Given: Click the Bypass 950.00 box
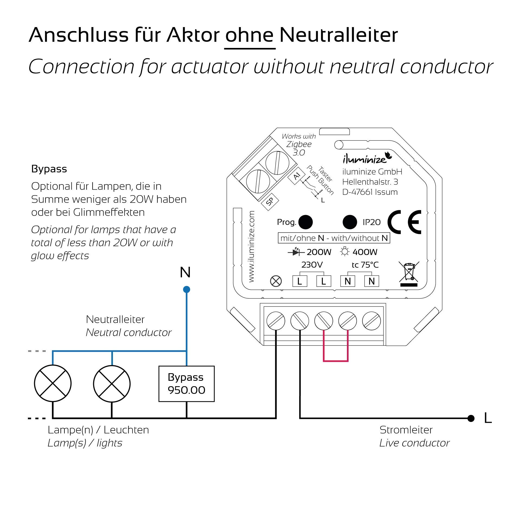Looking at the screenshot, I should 186,383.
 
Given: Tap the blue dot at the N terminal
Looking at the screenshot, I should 186,290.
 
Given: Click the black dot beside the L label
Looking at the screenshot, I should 471,418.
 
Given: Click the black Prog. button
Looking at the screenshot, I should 305,222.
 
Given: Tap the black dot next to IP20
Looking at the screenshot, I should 350,222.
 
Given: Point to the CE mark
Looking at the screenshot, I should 404,222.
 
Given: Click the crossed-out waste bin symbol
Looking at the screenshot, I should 409,273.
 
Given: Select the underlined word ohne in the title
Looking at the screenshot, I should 249,35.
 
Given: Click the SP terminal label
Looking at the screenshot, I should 269,201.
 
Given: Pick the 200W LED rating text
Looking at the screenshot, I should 319,252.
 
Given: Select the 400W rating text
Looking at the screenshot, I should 365,252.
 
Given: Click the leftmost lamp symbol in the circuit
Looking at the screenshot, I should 53,383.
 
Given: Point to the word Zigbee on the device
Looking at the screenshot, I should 299,144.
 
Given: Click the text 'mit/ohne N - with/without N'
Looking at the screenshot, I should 334,238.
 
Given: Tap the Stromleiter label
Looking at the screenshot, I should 406,430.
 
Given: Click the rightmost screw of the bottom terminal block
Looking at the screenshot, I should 371,321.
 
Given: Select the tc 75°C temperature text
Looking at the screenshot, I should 365,265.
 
